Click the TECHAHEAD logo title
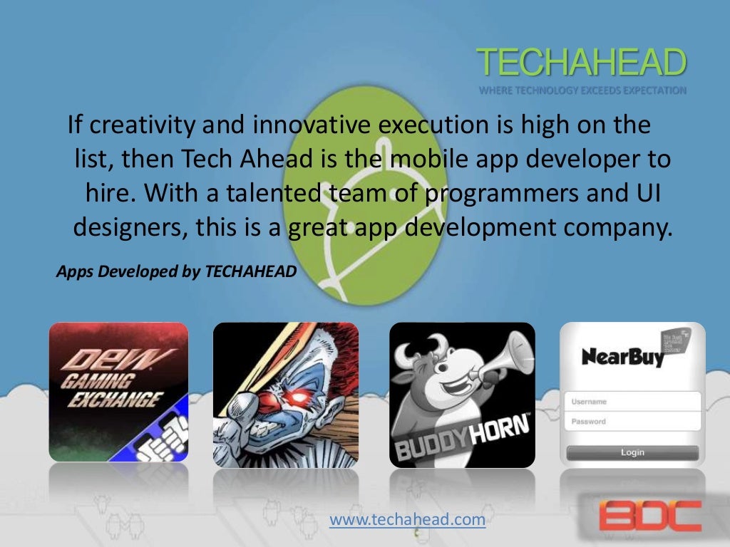pyautogui.click(x=581, y=63)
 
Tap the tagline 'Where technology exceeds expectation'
pyautogui.click(x=582, y=90)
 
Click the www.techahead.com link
pyautogui.click(x=407, y=520)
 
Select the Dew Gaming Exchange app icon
pyautogui.click(x=118, y=392)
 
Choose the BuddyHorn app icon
pyautogui.click(x=462, y=395)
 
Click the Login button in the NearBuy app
pyautogui.click(x=632, y=452)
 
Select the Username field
pyautogui.click(x=632, y=402)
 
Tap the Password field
pyautogui.click(x=632, y=422)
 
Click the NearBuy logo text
pyautogui.click(x=622, y=355)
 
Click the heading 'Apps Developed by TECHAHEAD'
pyautogui.click(x=175, y=271)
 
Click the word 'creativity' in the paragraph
pyautogui.click(x=132, y=125)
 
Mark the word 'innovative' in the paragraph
pyautogui.click(x=297, y=125)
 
